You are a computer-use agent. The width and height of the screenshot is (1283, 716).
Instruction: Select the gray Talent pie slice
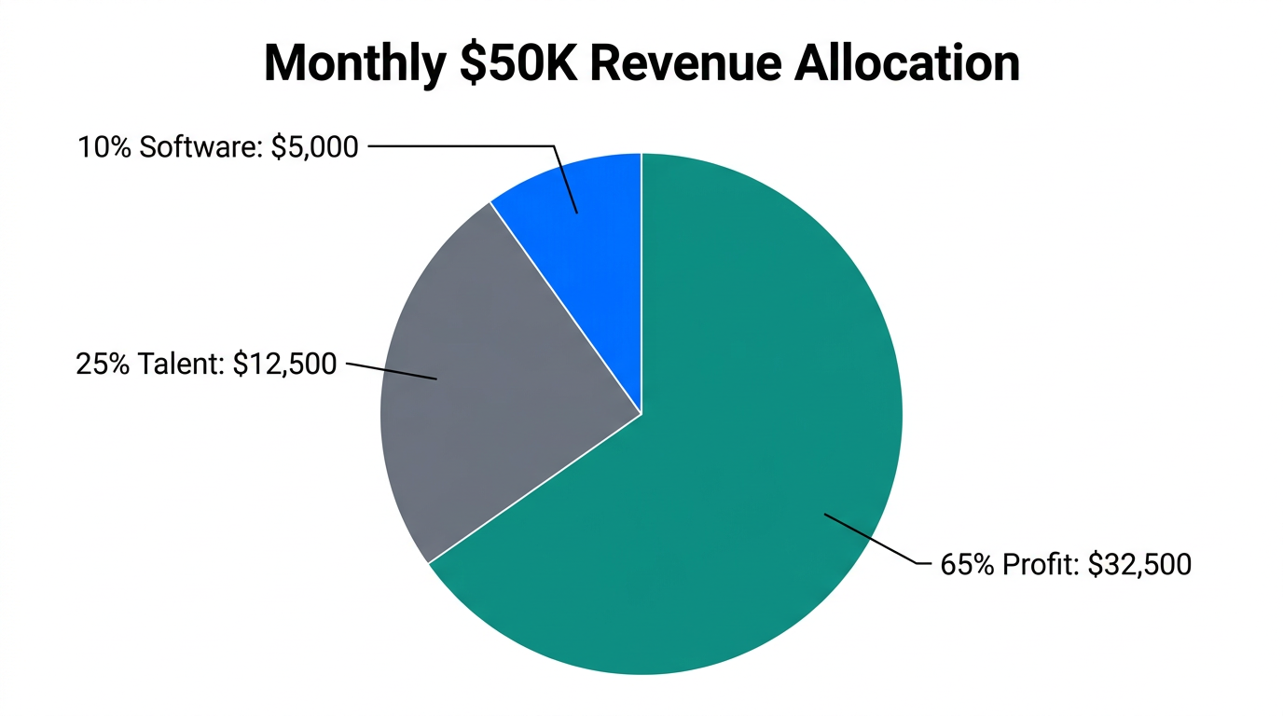tap(494, 392)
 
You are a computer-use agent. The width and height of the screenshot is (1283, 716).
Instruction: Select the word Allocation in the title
tap(909, 63)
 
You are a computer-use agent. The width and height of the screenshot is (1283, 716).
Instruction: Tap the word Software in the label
tap(196, 147)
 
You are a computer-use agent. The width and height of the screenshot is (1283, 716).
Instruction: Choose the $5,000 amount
tap(314, 147)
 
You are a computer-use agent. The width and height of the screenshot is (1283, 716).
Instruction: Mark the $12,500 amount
tap(284, 365)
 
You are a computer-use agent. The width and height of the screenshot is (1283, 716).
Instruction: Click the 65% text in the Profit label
tap(968, 565)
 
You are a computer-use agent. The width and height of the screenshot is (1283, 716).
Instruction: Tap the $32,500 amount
tap(1139, 565)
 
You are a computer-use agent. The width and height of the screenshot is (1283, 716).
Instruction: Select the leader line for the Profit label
tap(872, 539)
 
